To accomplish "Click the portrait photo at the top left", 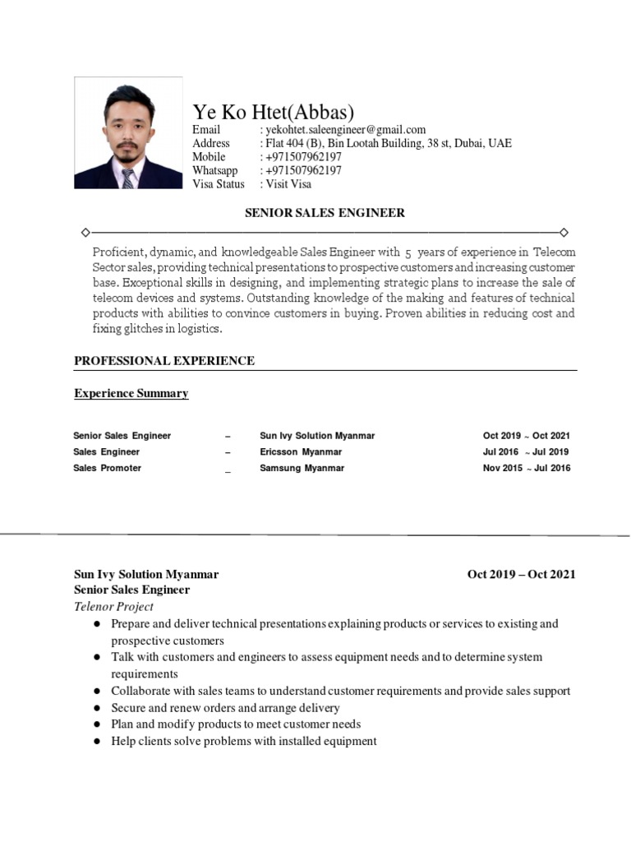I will [128, 133].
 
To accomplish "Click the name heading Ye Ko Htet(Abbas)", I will [273, 113].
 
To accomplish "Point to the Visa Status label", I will [219, 184].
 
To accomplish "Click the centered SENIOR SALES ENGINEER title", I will [325, 213].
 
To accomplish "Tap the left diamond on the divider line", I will [85, 233].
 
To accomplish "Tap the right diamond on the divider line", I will [564, 233].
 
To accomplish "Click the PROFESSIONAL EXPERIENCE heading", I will [164, 361].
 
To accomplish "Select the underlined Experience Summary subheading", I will [131, 394].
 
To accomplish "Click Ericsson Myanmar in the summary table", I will [301, 452].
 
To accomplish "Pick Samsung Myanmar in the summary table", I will [302, 469].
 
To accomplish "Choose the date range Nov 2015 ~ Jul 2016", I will [526, 469].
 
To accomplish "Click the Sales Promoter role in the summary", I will [107, 469].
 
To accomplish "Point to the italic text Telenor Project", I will [113, 607].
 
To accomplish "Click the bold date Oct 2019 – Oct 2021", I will [521, 575].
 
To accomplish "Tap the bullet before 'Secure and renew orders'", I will [96, 708].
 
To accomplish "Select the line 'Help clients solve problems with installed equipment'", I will [244, 742].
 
